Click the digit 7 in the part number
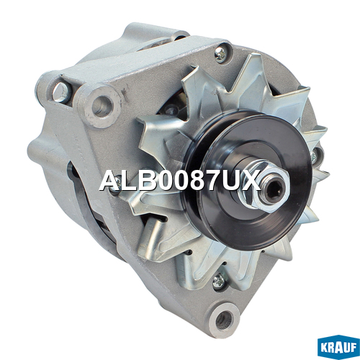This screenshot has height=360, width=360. [x=211, y=180]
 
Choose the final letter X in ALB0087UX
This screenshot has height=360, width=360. [x=251, y=180]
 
